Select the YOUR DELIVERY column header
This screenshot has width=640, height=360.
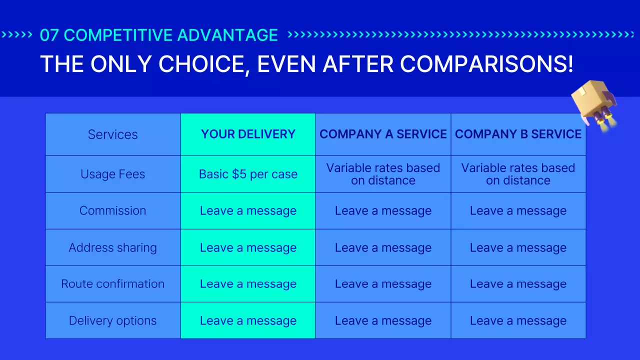point(248,134)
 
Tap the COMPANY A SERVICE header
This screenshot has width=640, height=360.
point(383,134)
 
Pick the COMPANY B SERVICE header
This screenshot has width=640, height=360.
point(518,134)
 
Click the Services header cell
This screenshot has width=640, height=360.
point(112,134)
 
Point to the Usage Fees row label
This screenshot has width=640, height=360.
point(112,174)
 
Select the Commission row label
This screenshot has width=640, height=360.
point(112,210)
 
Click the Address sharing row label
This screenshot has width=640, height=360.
point(112,247)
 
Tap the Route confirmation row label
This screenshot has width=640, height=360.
point(112,283)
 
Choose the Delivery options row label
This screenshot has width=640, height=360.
point(112,320)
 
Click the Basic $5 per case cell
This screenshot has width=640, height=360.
point(248,174)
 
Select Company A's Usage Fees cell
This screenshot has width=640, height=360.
point(383,174)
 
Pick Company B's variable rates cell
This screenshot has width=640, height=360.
point(518,174)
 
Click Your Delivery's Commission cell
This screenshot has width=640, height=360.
point(248,210)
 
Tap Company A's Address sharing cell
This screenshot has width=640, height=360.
point(383,247)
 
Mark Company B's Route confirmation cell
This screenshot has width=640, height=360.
point(518,283)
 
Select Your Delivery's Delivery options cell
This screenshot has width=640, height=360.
point(248,320)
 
